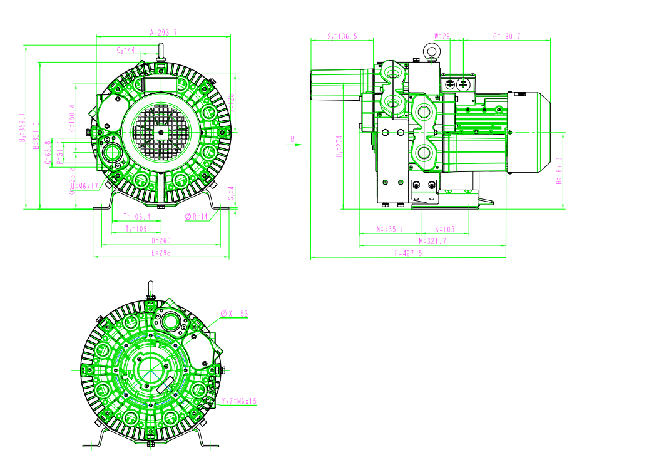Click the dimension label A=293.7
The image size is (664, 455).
click(x=163, y=32)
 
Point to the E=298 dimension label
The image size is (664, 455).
click(x=161, y=253)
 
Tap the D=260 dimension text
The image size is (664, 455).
click(x=161, y=240)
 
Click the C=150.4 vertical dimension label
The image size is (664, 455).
click(x=71, y=118)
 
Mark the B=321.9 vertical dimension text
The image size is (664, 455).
click(x=36, y=135)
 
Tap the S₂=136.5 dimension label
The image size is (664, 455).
click(x=342, y=37)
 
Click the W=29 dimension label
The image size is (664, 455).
click(x=442, y=37)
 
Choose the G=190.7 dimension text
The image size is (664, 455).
click(x=506, y=37)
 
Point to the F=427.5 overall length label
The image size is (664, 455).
click(x=408, y=253)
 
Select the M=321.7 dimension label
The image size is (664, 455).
click(x=432, y=241)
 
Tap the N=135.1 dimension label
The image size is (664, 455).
click(x=389, y=229)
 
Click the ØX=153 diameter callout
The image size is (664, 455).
click(x=234, y=313)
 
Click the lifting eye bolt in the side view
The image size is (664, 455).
click(x=431, y=51)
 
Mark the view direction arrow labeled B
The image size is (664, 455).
click(x=292, y=143)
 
